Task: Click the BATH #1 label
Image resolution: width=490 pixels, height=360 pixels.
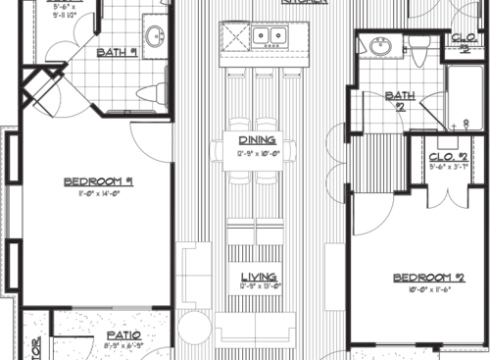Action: click(118, 52)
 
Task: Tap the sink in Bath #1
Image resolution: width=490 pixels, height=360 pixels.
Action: click(155, 37)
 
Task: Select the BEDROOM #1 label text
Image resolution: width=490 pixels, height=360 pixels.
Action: click(98, 181)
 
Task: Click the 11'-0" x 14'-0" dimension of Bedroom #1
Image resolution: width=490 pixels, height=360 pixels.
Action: click(98, 194)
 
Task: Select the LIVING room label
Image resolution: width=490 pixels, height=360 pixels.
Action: click(258, 277)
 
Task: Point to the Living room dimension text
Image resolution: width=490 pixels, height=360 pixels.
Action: click(258, 287)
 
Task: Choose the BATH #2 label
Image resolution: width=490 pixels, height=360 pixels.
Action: click(399, 97)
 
